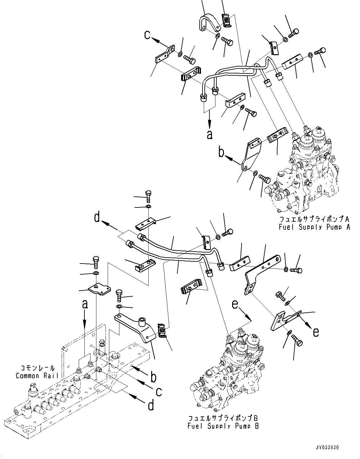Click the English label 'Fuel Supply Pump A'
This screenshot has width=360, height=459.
coord(314,227)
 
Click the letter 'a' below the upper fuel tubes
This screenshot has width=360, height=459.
coord(209,135)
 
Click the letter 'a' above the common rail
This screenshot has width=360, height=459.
coord(85,305)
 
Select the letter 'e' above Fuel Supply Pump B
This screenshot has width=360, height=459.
coord(235,305)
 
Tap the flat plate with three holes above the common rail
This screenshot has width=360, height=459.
coord(99,289)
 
